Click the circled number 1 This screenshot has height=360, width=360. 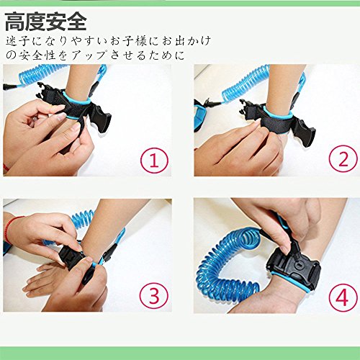(x=154, y=161)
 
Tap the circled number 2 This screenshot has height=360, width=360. (x=343, y=159)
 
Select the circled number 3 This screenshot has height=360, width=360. (x=154, y=296)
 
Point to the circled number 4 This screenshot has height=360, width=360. (x=343, y=297)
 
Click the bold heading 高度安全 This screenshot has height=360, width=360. (x=45, y=22)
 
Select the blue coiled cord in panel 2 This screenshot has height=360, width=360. (x=247, y=84)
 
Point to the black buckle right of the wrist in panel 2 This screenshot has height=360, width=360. (x=305, y=131)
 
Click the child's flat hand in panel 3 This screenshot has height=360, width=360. (x=43, y=281)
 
